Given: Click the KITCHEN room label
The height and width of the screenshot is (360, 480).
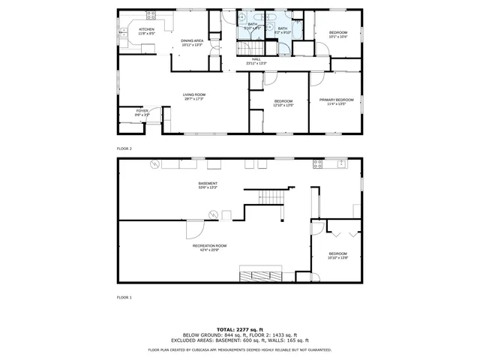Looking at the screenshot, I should [x=145, y=31].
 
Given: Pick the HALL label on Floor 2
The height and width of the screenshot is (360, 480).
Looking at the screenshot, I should [x=256, y=61].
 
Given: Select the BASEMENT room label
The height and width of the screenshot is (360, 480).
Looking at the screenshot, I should [x=208, y=184].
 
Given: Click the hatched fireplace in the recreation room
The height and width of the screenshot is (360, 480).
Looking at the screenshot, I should [x=260, y=274].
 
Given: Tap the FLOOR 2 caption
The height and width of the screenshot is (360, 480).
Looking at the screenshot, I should [x=124, y=148].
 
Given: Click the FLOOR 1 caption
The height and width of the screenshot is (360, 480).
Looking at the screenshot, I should [x=124, y=298].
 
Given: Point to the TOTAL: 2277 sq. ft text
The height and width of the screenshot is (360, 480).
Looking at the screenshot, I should [x=239, y=329].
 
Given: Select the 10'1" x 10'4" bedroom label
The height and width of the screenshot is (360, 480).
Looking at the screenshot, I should [x=338, y=34].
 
